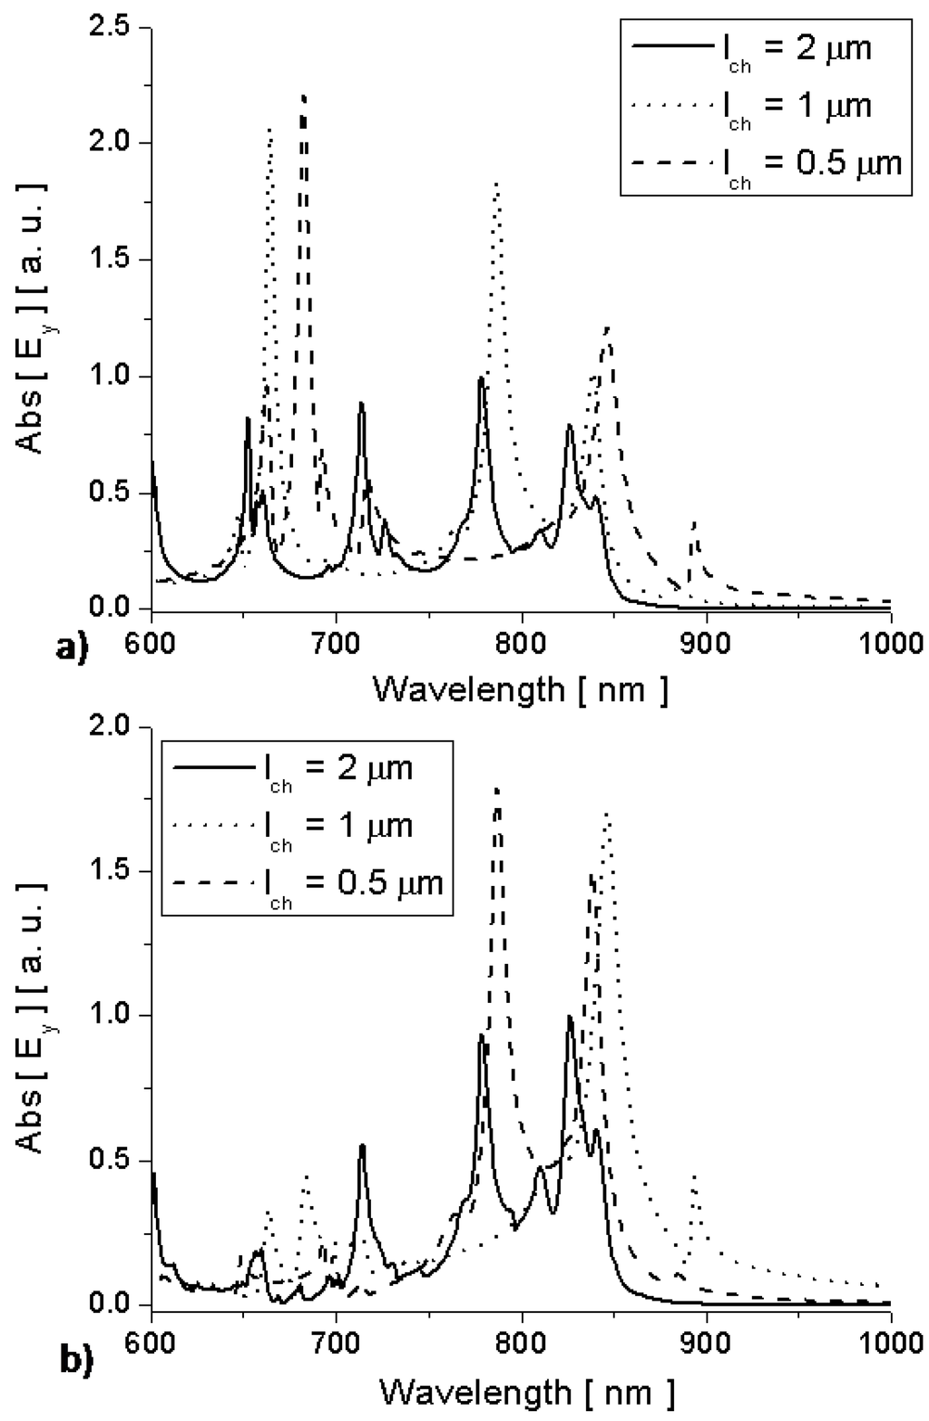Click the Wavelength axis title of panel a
click(521, 690)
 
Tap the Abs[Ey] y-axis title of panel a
click(33, 317)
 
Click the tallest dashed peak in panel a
click(304, 96)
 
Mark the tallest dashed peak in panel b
click(496, 789)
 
